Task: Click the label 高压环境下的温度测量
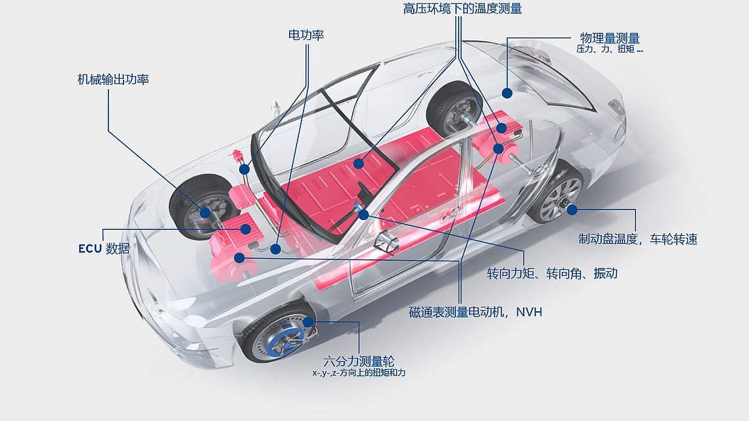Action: pos(463,9)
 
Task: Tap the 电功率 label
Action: pos(306,35)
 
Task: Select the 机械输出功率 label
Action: pos(113,79)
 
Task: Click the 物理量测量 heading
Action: pos(610,38)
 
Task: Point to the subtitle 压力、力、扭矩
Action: pos(610,49)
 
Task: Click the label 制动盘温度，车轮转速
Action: pos(637,239)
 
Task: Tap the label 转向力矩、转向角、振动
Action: pos(552,273)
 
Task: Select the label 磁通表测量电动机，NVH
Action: pos(476,312)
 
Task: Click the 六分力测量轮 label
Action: pos(359,361)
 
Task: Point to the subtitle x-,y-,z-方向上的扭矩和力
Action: pos(359,373)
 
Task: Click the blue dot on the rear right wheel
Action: pos(572,210)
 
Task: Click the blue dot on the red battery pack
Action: pos(358,162)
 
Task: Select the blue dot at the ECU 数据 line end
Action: pos(245,229)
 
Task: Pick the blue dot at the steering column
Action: pos(363,214)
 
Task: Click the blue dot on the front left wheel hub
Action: pos(205,212)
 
